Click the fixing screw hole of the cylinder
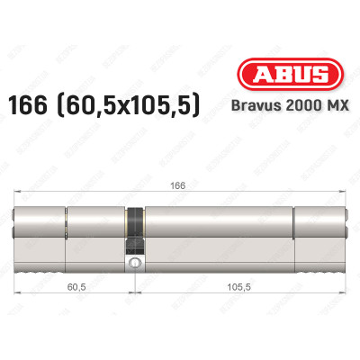click(134, 263)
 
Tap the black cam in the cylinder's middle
click(134, 230)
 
